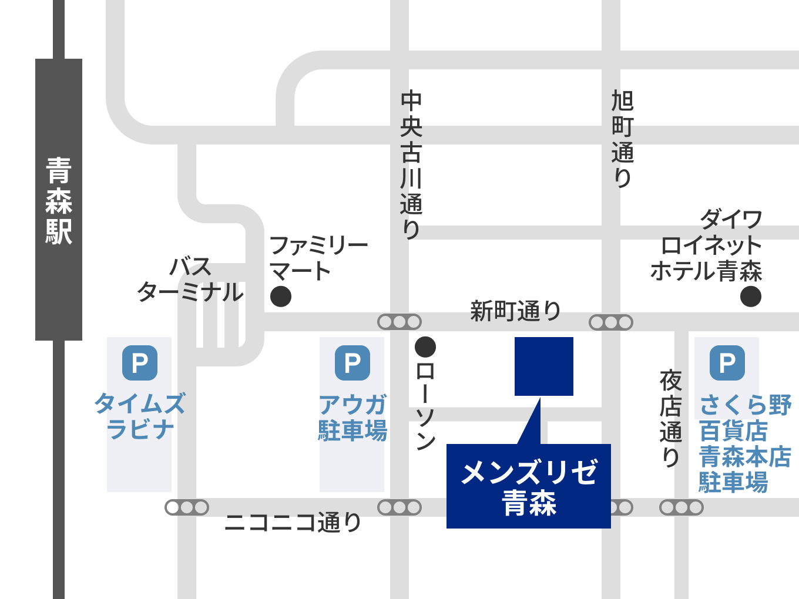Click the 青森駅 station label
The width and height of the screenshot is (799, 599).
pos(59,200)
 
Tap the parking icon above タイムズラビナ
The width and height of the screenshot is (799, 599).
pos(140,363)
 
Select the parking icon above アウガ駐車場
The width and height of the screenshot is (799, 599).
pos(352,363)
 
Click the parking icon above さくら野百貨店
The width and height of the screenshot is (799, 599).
pos(727,363)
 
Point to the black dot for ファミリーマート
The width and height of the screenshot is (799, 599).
pos(281,297)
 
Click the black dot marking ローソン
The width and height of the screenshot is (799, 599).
pos(425,347)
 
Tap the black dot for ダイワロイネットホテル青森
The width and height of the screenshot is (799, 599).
pos(751,297)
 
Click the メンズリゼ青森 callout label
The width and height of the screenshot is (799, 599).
pos(529,486)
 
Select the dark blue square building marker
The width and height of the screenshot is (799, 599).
pos(544,366)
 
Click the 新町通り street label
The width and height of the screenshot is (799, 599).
pos(515,311)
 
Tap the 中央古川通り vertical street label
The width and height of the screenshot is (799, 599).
pos(411,164)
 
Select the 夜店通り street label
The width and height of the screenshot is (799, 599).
pos(670,418)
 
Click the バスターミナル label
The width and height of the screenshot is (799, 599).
pos(190,280)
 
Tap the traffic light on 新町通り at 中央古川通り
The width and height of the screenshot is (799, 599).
pos(399,322)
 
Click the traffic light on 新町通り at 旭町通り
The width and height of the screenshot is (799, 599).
pos(611,322)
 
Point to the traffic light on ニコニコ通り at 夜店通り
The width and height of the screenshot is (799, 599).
pos(681,507)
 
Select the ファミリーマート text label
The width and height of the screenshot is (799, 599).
pos(317,258)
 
